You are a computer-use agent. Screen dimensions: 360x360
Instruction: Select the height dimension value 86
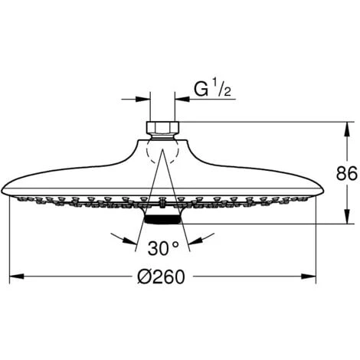tap(346, 173)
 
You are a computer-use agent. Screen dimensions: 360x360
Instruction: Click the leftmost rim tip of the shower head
tap(5, 188)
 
